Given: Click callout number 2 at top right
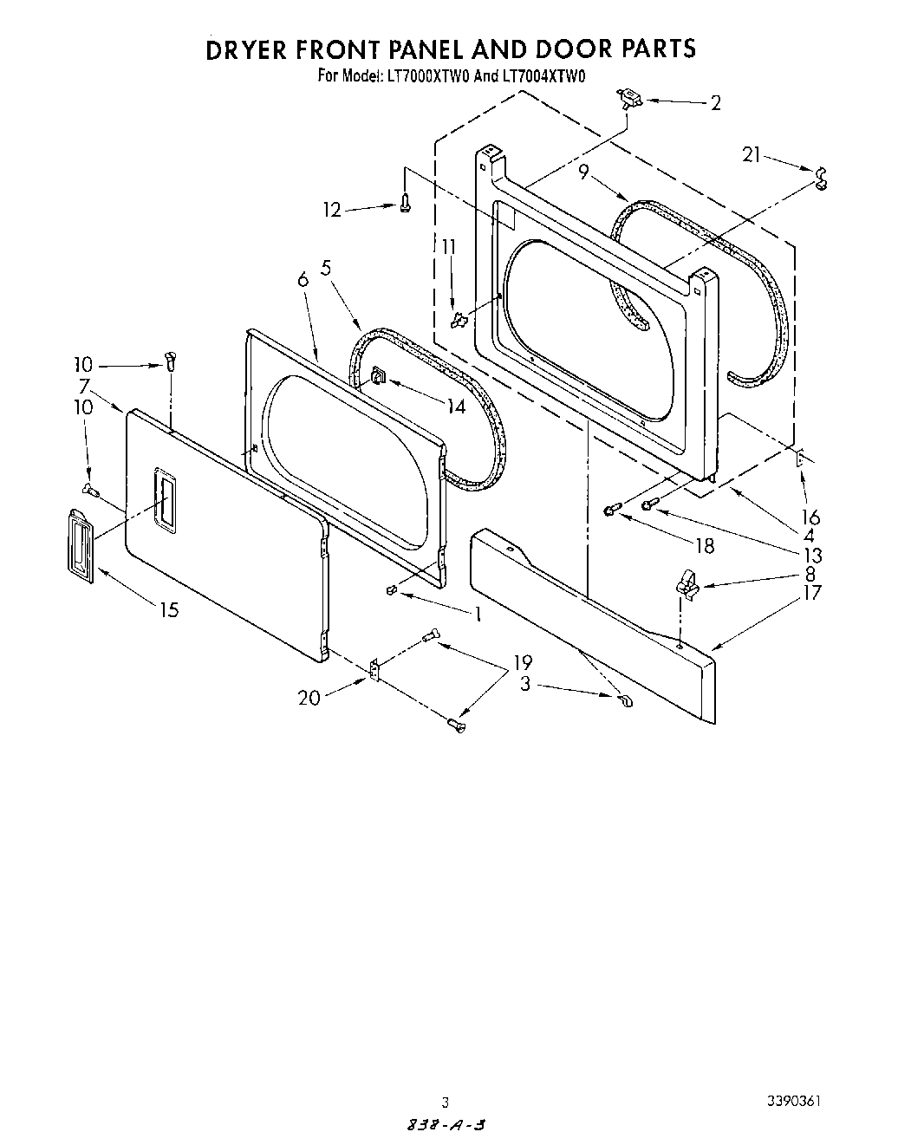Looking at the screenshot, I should point(715,103).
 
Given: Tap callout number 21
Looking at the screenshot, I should point(752,155).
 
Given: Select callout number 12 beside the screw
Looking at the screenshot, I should point(332,210).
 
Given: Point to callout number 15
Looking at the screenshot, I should point(169,610).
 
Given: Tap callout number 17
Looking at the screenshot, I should point(811,593).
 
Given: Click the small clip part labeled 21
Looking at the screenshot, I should point(820,177).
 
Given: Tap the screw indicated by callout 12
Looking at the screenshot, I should point(405,204).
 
